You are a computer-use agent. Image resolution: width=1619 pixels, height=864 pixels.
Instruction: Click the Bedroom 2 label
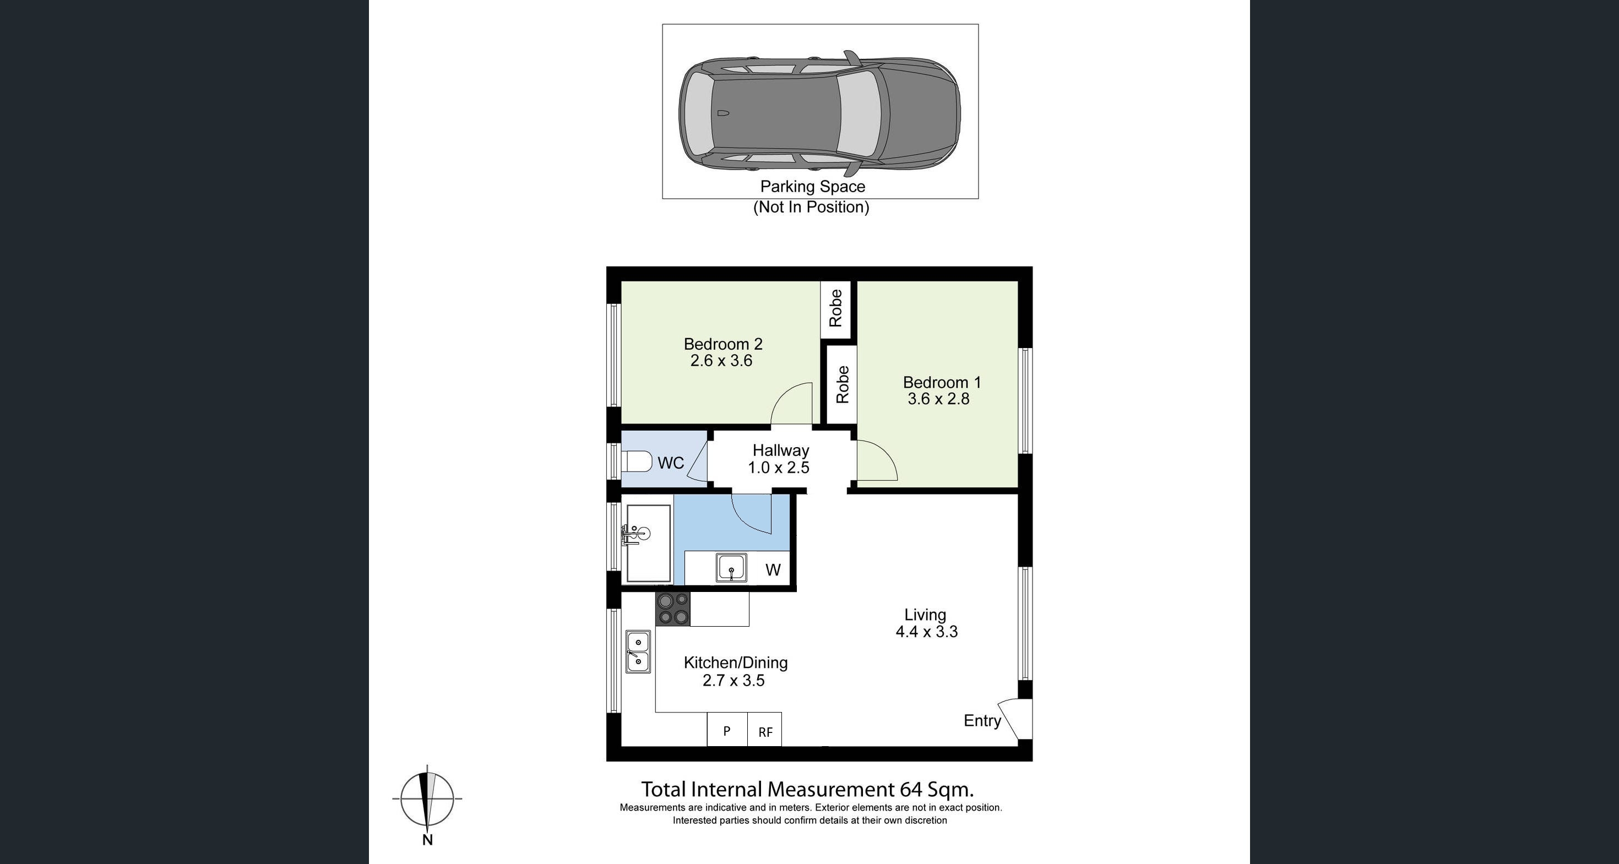pyautogui.click(x=722, y=344)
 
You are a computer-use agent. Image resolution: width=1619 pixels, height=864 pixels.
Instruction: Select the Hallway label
pyautogui.click(x=781, y=450)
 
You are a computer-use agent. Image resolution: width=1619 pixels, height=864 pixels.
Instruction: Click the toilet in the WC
pyautogui.click(x=637, y=462)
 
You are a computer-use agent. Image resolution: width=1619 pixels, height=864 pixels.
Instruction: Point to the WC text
pyautogui.click(x=670, y=463)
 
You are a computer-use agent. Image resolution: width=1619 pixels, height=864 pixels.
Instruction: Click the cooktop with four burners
pyautogui.click(x=672, y=609)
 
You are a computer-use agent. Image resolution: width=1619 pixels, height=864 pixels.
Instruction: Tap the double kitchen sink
pyautogui.click(x=638, y=652)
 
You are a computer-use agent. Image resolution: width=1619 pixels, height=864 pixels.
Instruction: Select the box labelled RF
pyautogui.click(x=765, y=731)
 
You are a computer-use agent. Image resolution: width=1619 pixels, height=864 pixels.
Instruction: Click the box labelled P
pyautogui.click(x=726, y=730)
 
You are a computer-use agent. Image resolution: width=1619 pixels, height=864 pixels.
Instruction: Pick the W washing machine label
pyautogui.click(x=773, y=570)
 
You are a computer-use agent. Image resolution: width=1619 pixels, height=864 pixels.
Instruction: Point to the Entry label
pyautogui.click(x=982, y=721)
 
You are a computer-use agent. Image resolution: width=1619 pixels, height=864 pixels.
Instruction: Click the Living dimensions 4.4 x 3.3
pyautogui.click(x=926, y=632)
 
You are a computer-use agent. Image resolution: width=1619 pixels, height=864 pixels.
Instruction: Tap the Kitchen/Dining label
pyautogui.click(x=735, y=662)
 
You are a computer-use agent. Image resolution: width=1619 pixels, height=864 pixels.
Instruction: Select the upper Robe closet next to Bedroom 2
pyautogui.click(x=835, y=308)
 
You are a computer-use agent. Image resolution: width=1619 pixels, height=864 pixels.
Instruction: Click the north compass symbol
pyautogui.click(x=427, y=799)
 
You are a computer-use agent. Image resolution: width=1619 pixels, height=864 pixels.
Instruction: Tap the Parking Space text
pyautogui.click(x=812, y=187)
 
